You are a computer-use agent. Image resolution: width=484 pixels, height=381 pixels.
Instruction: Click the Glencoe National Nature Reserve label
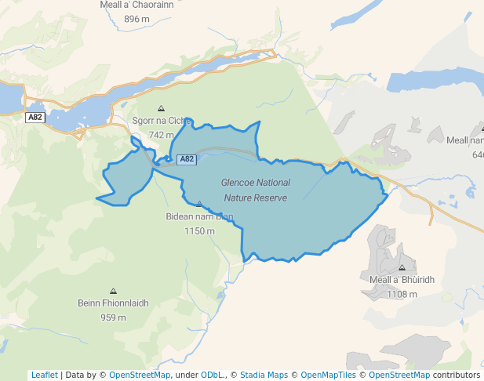(256, 190)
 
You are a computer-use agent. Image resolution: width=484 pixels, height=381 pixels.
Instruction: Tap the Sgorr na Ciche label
(162, 122)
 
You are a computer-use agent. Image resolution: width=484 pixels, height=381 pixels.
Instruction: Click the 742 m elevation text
(161, 135)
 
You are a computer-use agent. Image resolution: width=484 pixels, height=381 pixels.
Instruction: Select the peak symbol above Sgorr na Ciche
(162, 109)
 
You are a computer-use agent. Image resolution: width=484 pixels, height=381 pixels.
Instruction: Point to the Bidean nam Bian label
(199, 216)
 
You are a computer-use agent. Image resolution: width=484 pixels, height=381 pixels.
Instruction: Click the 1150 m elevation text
(199, 230)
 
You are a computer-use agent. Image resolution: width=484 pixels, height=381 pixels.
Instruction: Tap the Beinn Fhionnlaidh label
(113, 303)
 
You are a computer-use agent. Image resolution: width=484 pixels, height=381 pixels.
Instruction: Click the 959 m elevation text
(113, 317)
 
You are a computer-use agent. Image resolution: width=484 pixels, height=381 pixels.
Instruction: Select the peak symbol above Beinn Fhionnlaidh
(113, 291)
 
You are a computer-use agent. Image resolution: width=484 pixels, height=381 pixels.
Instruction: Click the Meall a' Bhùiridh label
(402, 280)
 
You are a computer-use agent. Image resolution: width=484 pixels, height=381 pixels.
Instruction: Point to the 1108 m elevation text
(402, 294)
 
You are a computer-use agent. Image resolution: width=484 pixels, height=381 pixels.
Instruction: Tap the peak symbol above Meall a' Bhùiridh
(402, 267)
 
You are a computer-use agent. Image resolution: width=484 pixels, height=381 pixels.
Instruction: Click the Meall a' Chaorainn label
(136, 5)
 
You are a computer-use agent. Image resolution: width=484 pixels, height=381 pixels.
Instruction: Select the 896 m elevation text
(136, 19)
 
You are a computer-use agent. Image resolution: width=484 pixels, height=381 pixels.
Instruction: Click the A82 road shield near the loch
(35, 118)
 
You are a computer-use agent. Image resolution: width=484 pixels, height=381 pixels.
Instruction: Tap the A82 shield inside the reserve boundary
(186, 159)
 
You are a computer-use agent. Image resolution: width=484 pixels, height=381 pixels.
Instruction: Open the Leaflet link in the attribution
(44, 375)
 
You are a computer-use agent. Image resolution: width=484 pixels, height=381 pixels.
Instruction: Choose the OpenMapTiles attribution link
(329, 375)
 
